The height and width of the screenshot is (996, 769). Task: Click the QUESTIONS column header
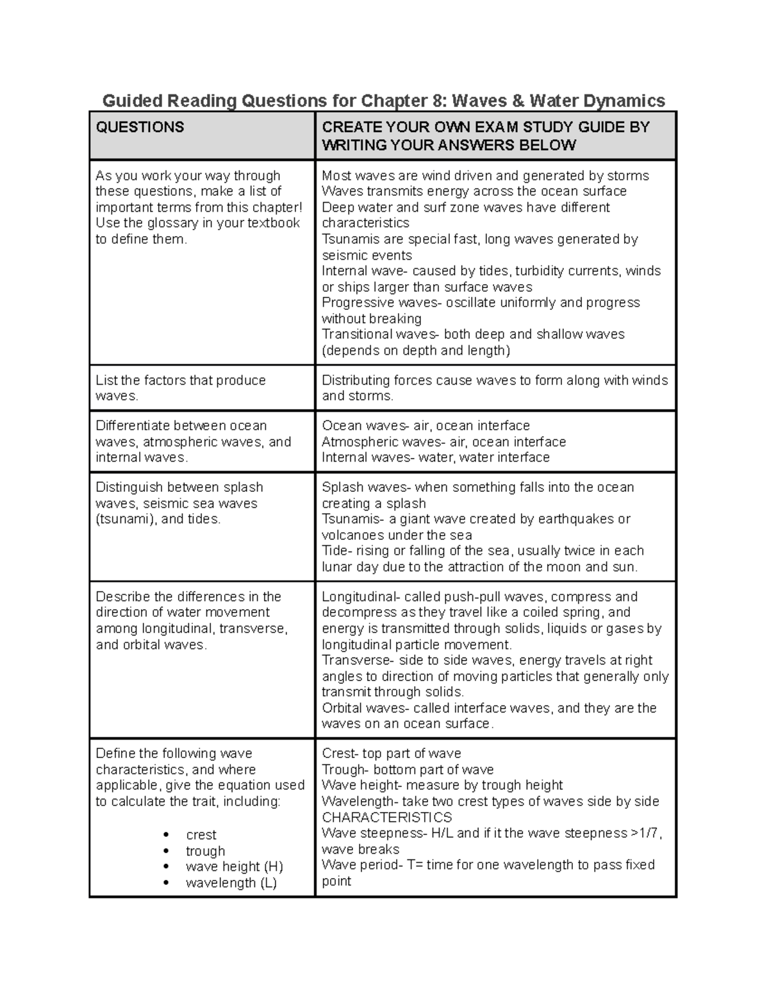pyautogui.click(x=140, y=127)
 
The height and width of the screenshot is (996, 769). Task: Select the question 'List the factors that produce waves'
pyautogui.click(x=180, y=388)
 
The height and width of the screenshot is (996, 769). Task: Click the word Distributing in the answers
pyautogui.click(x=357, y=380)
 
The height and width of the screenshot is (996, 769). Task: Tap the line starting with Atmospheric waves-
pyautogui.click(x=443, y=442)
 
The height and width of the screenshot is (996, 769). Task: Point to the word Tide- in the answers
pyautogui.click(x=336, y=551)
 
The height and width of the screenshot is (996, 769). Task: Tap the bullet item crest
pyautogui.click(x=201, y=835)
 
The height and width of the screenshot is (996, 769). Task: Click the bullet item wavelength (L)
pyautogui.click(x=231, y=883)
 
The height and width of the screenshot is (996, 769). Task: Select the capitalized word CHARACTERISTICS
pyautogui.click(x=386, y=818)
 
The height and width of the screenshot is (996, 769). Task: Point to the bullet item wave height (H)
pyautogui.click(x=234, y=867)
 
